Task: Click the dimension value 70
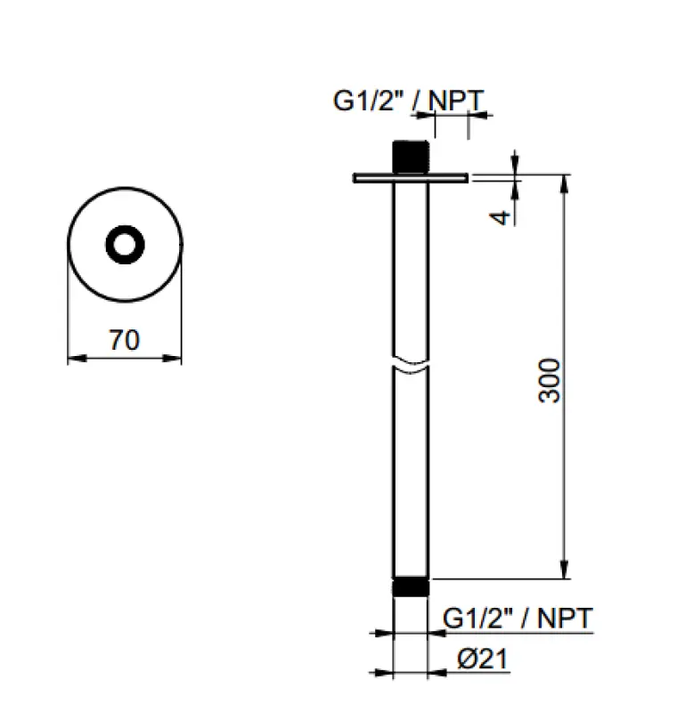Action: click(x=125, y=340)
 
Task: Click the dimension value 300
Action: click(x=550, y=380)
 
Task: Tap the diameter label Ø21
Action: click(x=482, y=659)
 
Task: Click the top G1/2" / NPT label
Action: click(x=410, y=101)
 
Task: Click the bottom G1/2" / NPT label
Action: click(x=518, y=618)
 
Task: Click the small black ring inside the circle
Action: click(x=124, y=244)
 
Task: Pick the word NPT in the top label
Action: click(x=458, y=101)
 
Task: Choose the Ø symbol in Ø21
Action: click(x=466, y=659)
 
